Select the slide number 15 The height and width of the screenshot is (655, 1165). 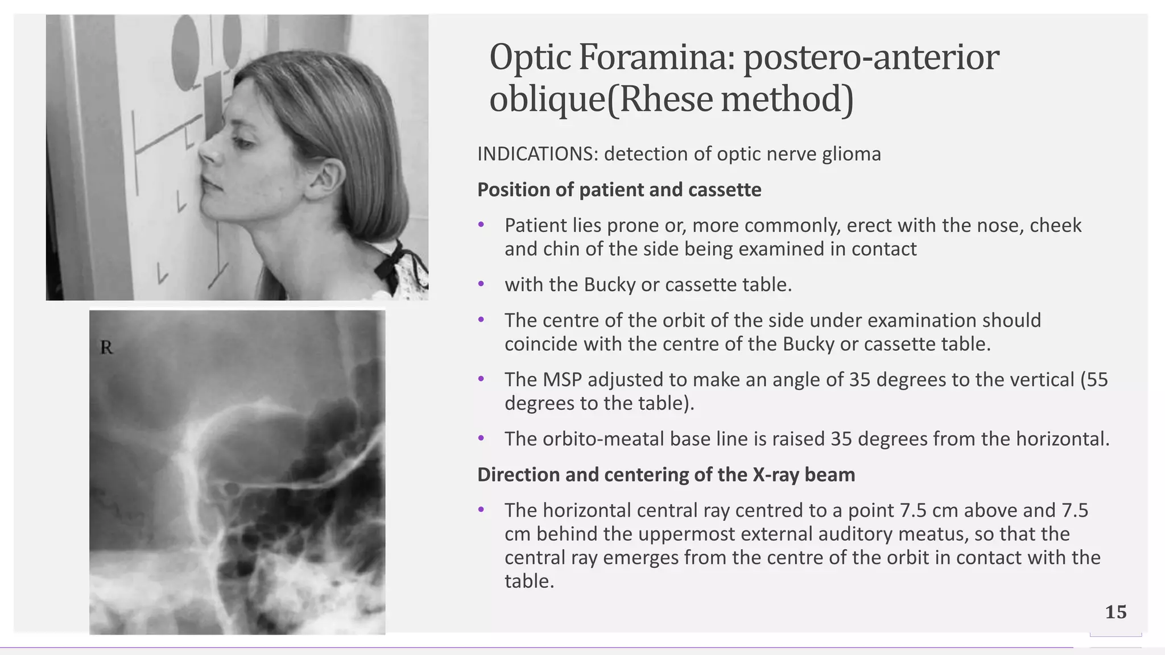click(x=1116, y=612)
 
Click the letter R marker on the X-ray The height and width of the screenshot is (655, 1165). click(x=106, y=347)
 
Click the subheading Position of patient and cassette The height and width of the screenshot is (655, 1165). click(x=619, y=189)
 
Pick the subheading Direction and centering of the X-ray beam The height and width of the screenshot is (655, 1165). click(x=666, y=474)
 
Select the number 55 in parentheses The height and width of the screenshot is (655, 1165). click(x=1097, y=379)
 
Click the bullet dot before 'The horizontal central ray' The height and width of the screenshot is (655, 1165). click(x=481, y=510)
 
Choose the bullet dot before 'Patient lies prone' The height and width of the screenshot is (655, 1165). click(x=481, y=225)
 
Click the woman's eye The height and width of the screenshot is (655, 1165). click(x=243, y=142)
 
